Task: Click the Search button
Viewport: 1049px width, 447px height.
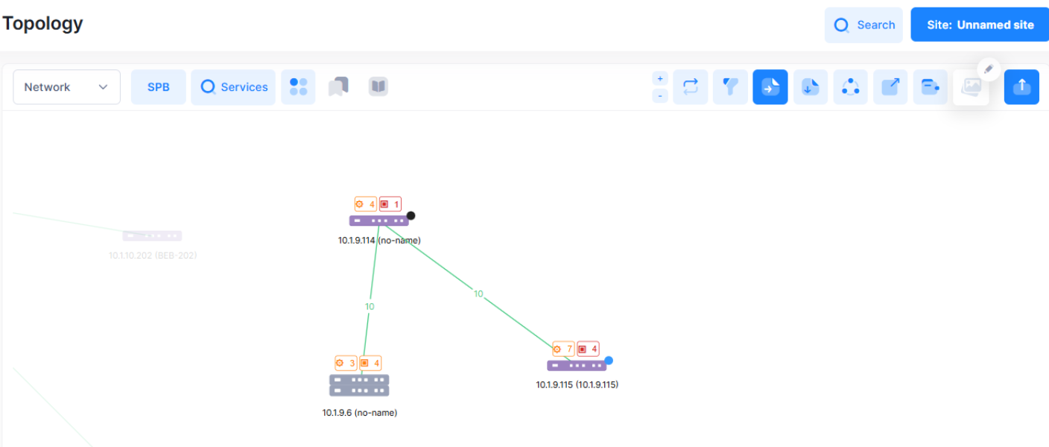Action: (863, 25)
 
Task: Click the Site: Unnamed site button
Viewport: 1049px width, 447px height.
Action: (980, 25)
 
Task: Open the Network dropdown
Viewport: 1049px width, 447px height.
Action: (66, 87)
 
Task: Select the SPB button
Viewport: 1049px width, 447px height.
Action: (159, 87)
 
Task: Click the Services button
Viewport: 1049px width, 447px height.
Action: (233, 87)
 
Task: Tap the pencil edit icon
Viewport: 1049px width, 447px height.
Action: (989, 69)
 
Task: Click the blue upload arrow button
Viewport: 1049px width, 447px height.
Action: (1021, 87)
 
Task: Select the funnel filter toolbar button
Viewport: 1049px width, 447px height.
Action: (730, 87)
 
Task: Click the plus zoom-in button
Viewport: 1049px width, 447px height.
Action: (660, 78)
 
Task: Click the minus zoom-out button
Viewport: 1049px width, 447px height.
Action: (660, 96)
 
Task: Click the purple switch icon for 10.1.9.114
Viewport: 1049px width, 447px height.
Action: (378, 221)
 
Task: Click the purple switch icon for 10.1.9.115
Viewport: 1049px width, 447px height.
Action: (576, 366)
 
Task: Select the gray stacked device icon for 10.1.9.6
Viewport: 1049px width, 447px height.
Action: (359, 385)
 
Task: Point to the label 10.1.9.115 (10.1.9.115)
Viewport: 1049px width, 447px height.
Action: (577, 385)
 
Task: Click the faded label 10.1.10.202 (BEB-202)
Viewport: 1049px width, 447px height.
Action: (153, 256)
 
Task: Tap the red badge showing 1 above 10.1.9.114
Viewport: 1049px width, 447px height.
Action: (390, 204)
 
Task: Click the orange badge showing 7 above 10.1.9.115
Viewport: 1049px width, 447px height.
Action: (563, 349)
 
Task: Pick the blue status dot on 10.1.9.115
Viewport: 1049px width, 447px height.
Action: (609, 361)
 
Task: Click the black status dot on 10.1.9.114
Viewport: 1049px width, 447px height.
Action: (411, 216)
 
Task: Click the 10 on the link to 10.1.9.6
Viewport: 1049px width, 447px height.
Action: (370, 307)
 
